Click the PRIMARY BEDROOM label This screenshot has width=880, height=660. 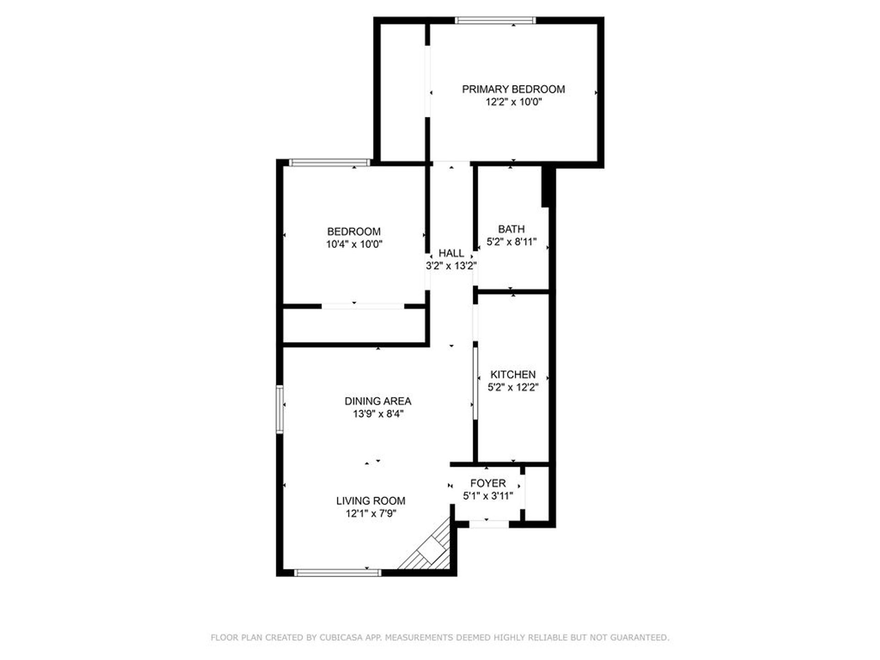point(513,89)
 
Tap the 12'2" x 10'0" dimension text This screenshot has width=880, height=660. point(514,102)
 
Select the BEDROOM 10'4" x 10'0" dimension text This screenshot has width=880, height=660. point(354,244)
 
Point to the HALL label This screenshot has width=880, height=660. point(451,253)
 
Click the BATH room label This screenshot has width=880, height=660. point(511,229)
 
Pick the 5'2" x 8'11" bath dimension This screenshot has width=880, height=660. point(511,242)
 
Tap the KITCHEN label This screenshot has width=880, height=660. point(513,374)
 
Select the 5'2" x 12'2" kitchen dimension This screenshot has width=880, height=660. point(513,387)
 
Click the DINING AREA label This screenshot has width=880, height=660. point(378,401)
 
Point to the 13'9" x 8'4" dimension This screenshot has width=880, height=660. point(378,414)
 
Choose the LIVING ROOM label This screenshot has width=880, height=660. point(371,501)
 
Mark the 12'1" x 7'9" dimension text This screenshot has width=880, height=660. point(371,513)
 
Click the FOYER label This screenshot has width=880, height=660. point(488,483)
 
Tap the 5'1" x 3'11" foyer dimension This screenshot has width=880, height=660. point(488,495)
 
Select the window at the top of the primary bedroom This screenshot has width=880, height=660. point(495,20)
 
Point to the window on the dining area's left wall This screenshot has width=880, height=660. point(279,409)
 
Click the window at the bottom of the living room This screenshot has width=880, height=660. point(338,572)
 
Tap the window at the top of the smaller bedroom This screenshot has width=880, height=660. point(330,162)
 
